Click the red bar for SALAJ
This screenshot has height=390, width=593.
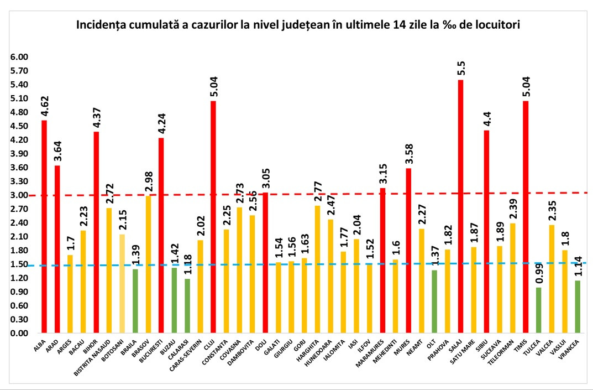460,207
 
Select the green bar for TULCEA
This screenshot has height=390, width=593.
538,310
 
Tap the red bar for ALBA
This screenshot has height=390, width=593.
44,227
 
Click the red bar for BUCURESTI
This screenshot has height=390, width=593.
161,236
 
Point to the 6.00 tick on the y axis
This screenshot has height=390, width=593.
19,57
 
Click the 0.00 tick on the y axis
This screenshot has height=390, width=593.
19,334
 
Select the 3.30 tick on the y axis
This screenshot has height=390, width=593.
19,181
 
